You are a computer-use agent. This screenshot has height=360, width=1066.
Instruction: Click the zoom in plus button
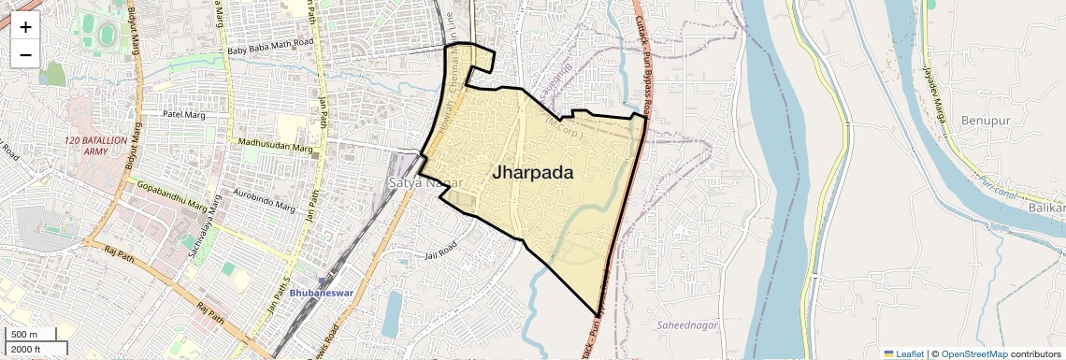click(x=25, y=26)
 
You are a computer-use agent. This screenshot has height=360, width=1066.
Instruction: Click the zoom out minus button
click(x=25, y=54)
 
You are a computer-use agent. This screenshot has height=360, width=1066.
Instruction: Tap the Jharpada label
click(x=532, y=173)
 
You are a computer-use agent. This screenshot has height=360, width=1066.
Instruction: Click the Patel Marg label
click(x=183, y=115)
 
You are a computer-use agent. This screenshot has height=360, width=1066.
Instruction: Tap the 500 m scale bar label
click(x=24, y=335)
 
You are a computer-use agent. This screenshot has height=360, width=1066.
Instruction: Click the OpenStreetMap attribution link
click(x=973, y=353)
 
